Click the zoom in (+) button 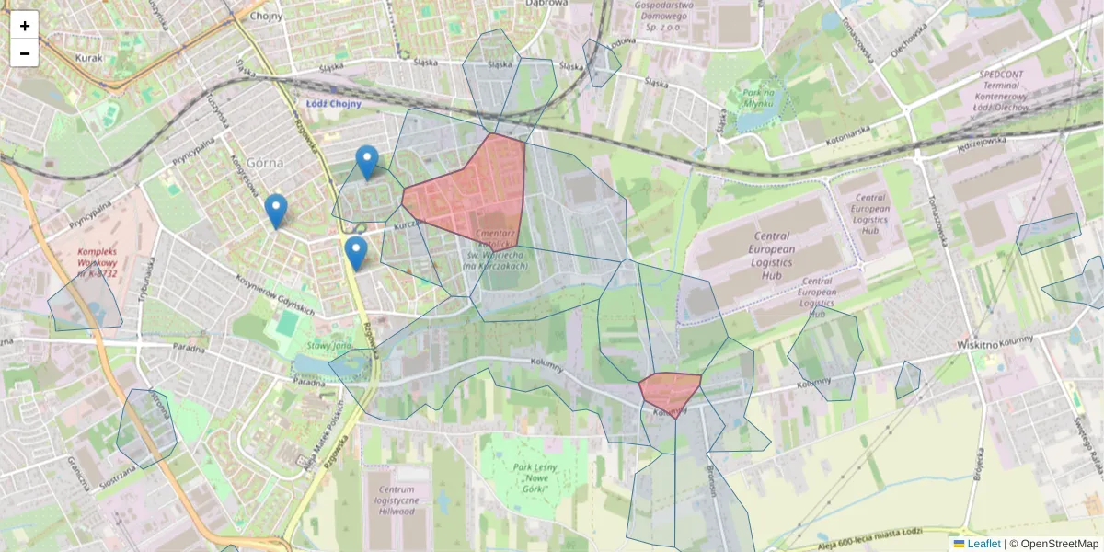click(x=25, y=26)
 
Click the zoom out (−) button click(x=25, y=53)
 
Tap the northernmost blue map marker click(x=367, y=162)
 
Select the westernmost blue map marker click(x=276, y=211)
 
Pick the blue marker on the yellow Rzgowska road click(x=355, y=253)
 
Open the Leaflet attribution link click(x=983, y=544)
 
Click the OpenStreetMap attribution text click(x=1060, y=544)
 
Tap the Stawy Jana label click(x=329, y=346)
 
